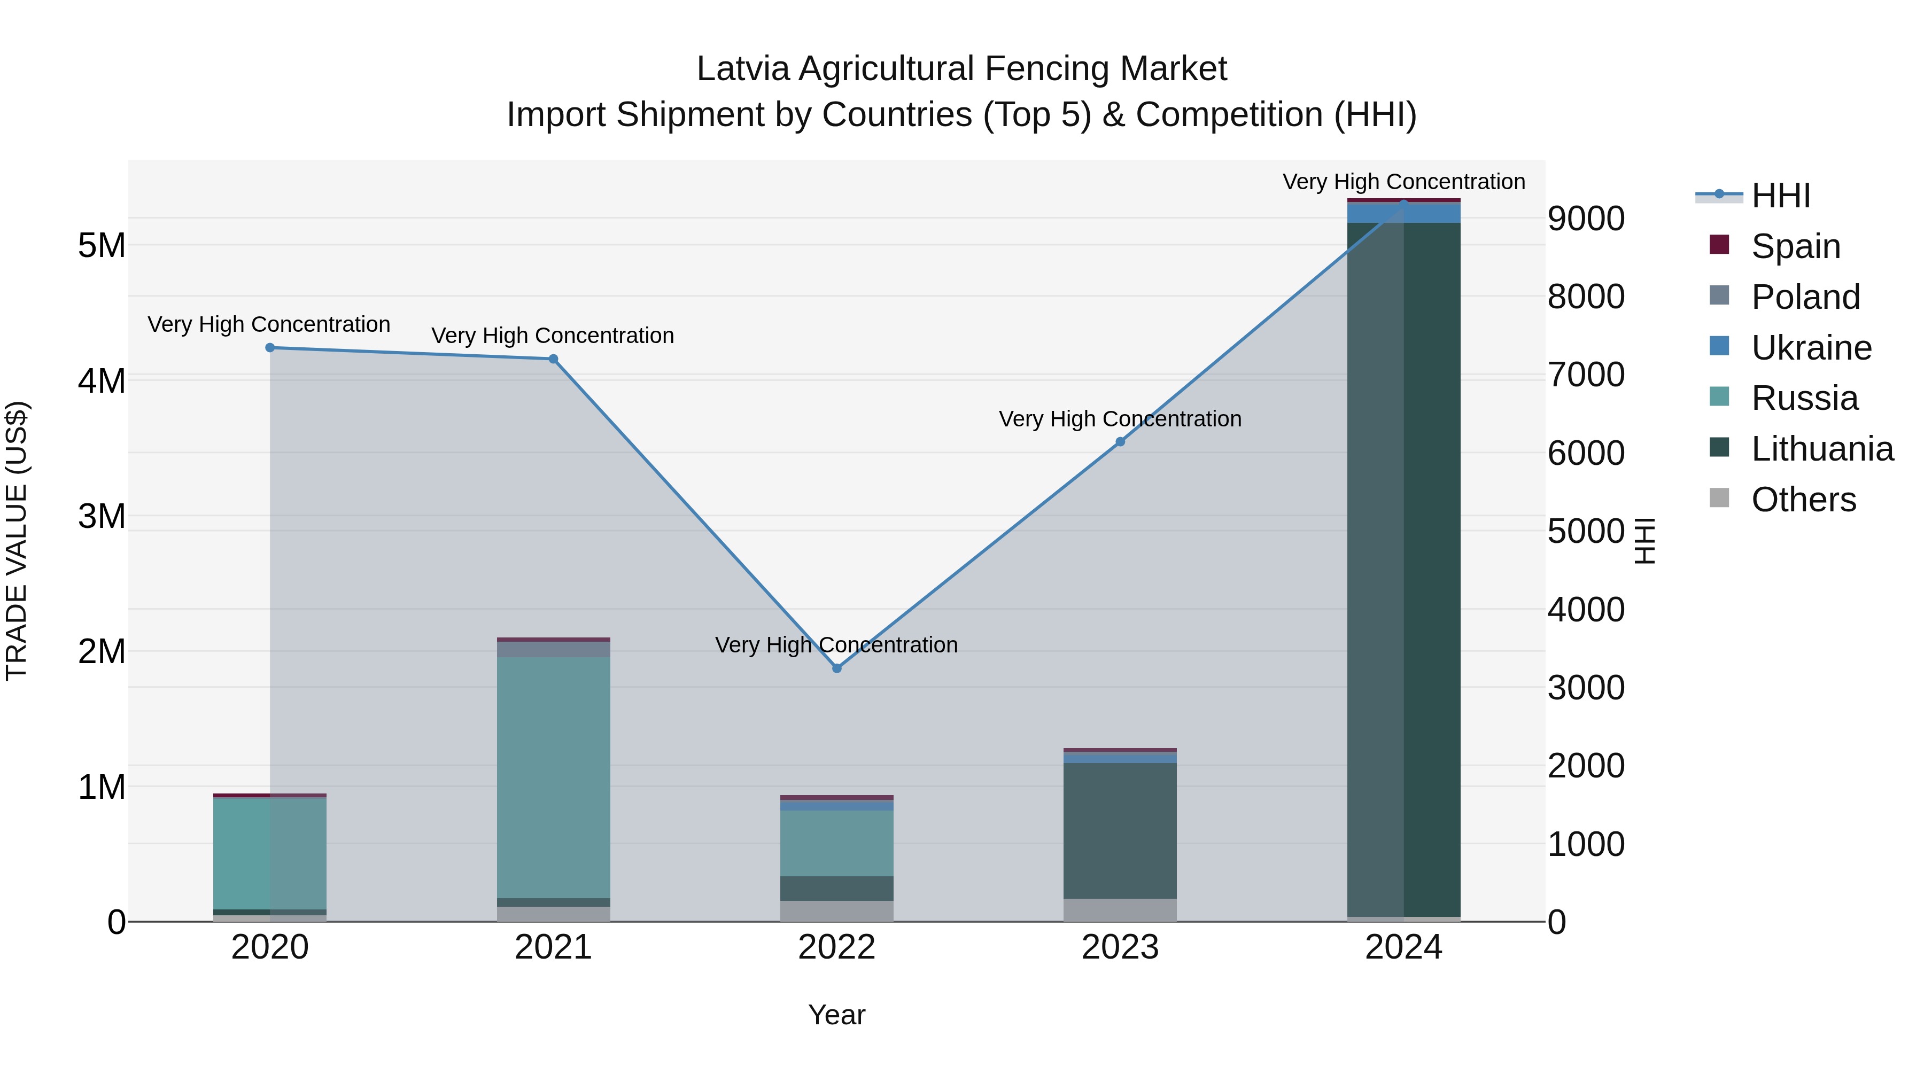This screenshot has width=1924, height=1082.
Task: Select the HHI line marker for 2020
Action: [270, 348]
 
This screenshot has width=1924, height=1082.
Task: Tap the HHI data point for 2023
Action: [1120, 442]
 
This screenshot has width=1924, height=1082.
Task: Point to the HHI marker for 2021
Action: [554, 359]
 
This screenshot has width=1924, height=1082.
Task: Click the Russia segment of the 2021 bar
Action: [554, 776]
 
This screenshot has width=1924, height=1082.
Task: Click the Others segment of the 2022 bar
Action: [836, 911]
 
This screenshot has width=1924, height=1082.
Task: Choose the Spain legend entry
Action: [1795, 246]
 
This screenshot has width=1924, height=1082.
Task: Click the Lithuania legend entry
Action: [1822, 449]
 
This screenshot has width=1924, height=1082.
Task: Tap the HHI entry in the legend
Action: [1781, 196]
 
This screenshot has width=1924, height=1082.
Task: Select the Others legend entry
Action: [1803, 500]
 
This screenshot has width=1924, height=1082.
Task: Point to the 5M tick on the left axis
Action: [102, 245]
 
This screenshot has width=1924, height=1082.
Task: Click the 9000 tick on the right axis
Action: [1586, 219]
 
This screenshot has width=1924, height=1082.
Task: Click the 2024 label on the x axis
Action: [1403, 947]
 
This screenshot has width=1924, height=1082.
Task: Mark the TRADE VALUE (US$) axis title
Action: [17, 541]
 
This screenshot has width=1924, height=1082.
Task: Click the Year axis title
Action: [836, 1015]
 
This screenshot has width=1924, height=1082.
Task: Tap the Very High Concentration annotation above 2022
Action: [836, 644]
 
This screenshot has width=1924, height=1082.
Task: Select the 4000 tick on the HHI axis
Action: [1586, 609]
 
